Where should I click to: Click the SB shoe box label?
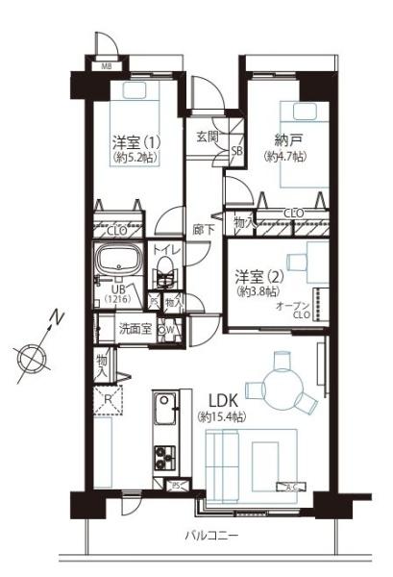236,151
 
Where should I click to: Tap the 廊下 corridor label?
202,230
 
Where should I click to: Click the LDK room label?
219,399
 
